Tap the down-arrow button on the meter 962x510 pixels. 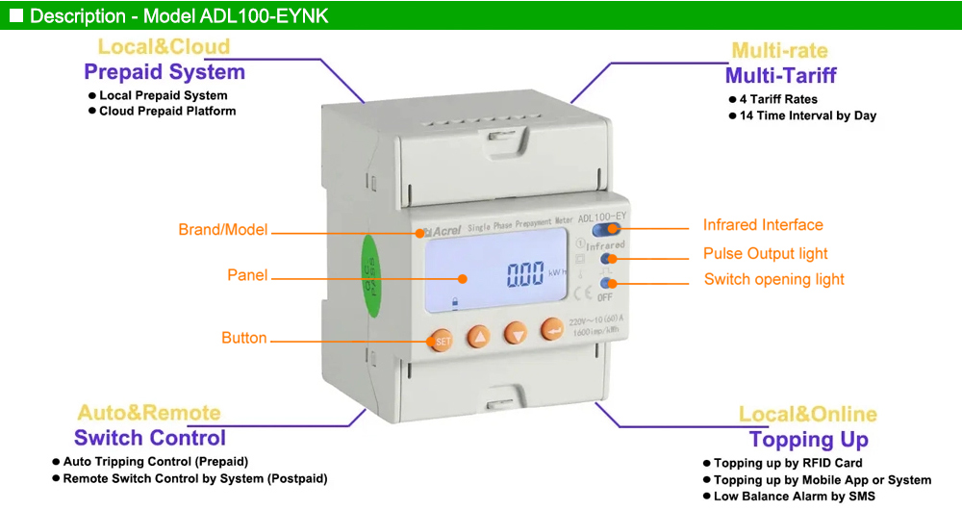(x=517, y=334)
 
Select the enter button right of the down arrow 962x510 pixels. (x=552, y=330)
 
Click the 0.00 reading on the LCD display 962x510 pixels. (x=526, y=276)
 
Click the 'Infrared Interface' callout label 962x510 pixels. (x=763, y=225)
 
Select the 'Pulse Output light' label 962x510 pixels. (x=765, y=254)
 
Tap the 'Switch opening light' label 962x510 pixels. (x=773, y=279)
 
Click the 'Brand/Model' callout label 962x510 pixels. (x=223, y=230)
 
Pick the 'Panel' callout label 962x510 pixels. (x=247, y=275)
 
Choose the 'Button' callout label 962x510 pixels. (x=244, y=338)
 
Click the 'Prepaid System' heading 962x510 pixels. (x=165, y=72)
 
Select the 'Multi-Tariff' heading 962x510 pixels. (x=780, y=76)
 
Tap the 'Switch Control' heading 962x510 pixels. (x=150, y=438)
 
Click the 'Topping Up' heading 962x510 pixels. (x=808, y=440)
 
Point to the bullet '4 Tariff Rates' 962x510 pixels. (x=778, y=99)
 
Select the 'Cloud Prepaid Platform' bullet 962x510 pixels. (x=167, y=111)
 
